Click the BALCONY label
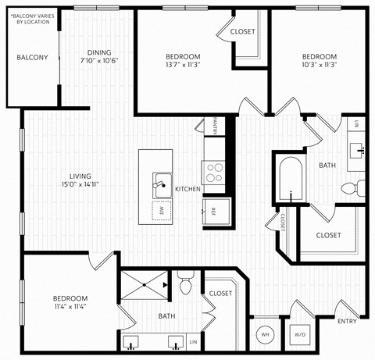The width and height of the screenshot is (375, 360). click(32, 57)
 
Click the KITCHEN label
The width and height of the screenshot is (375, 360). click(188, 189)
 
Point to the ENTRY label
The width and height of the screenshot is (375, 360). click(347, 321)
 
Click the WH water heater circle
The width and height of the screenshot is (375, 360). click(265, 335)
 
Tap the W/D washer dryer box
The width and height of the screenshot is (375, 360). click(300, 335)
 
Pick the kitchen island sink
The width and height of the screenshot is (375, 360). click(162, 184)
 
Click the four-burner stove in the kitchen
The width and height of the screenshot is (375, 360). click(213, 171)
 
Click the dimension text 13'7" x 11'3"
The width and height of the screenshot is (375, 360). click(183, 66)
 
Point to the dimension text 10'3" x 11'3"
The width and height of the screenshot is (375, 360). click(319, 66)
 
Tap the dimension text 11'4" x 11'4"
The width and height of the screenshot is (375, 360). click(70, 307)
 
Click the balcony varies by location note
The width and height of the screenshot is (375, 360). click(31, 17)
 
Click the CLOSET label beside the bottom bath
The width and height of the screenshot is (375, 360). click(220, 293)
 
